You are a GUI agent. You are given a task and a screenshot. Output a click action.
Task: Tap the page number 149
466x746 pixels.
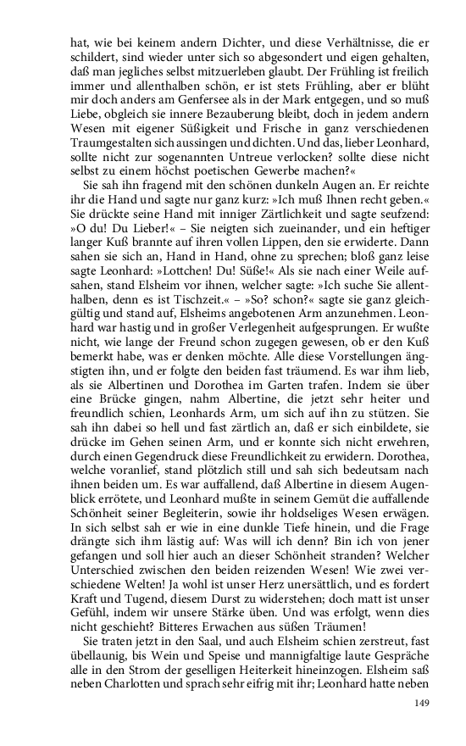pos(424,704)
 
